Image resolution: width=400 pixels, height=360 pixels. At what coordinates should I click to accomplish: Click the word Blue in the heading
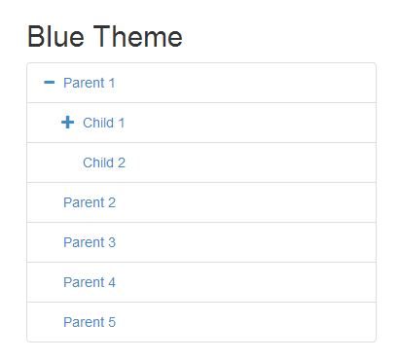point(56,36)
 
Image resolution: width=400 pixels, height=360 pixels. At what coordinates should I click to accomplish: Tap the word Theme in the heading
point(138,36)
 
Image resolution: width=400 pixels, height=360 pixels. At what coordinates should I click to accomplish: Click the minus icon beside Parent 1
point(50,83)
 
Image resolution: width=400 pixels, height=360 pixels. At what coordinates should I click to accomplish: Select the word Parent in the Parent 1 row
point(84,83)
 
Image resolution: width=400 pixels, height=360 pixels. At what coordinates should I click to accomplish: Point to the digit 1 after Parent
point(112,83)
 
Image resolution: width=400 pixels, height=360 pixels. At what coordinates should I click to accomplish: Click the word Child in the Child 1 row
point(98,123)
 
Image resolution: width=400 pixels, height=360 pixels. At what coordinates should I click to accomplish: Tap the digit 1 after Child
point(122,123)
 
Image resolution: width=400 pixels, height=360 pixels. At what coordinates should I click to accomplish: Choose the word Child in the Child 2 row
point(98,162)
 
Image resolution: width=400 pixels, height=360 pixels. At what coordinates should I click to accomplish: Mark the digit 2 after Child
point(122,162)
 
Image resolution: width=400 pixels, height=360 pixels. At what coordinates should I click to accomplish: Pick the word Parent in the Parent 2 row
point(84,202)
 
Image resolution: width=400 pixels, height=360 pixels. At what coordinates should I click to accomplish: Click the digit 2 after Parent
point(112,202)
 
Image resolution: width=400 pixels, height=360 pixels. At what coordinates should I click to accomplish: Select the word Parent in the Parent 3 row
point(84,242)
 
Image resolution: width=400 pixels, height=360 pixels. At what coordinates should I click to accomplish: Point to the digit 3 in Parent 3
point(112,242)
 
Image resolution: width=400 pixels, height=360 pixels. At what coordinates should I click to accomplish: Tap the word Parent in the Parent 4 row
point(84,282)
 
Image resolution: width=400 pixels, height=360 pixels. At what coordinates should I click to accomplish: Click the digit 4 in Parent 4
point(112,282)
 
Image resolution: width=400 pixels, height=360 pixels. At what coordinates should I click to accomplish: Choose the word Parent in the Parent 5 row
point(84,322)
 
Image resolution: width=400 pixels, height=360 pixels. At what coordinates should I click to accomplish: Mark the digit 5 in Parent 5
point(112,322)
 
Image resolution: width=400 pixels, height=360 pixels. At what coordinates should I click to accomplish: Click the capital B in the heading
point(36,36)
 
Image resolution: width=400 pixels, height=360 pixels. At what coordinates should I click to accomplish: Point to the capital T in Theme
point(102,36)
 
